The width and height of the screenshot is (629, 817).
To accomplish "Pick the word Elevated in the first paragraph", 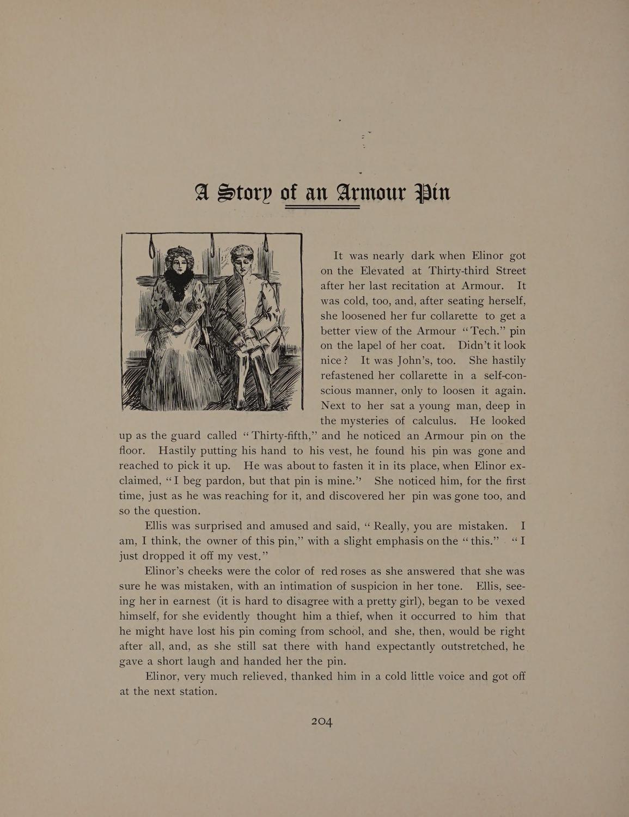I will pos(386,271).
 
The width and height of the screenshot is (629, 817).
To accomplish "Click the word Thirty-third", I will pos(461,271).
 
